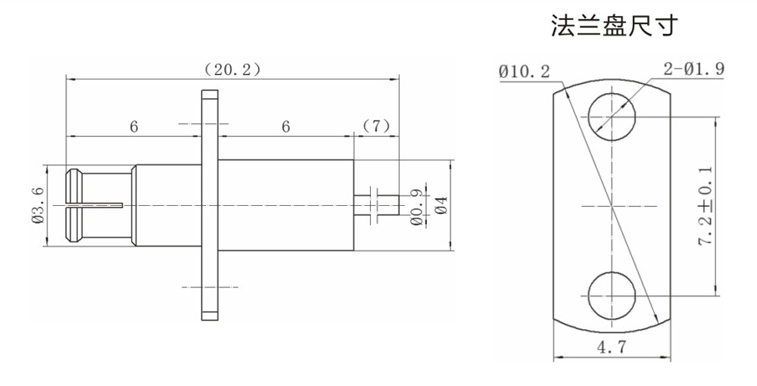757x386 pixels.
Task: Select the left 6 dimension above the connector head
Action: coord(133,126)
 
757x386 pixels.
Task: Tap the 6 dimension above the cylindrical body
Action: coord(286,126)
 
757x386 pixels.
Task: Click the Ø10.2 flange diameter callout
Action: coord(525,71)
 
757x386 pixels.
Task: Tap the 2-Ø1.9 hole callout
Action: coord(693,69)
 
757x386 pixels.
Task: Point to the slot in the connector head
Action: coord(95,204)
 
